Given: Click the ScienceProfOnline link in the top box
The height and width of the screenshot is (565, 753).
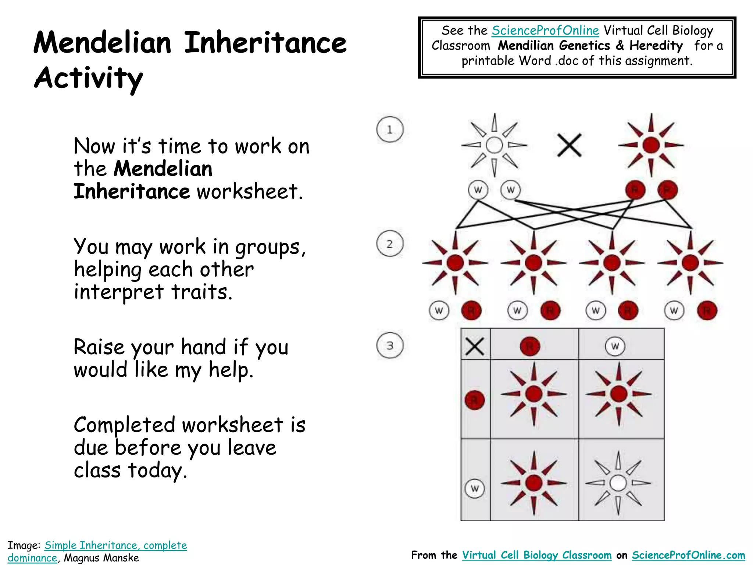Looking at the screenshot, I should (x=545, y=31).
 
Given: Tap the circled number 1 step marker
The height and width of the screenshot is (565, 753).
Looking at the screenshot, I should (x=390, y=129).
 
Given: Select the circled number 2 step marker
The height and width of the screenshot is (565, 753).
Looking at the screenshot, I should (x=390, y=244).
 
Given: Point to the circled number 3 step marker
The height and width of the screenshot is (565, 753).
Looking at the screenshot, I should (x=390, y=346).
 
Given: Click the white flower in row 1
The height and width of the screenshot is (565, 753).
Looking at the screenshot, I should (x=494, y=145).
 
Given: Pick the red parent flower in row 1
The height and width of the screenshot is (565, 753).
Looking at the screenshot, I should (x=651, y=145).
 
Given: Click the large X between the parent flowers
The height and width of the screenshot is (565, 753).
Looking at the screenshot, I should (x=569, y=145).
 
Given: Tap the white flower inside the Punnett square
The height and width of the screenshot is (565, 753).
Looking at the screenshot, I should (x=618, y=483).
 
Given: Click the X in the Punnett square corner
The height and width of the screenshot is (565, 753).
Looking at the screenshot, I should (x=475, y=346).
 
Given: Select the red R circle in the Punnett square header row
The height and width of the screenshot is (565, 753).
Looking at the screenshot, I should (x=530, y=346).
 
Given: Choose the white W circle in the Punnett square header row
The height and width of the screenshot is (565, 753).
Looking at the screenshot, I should (x=615, y=346).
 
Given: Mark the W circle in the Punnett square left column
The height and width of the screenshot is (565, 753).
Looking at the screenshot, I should (x=475, y=488).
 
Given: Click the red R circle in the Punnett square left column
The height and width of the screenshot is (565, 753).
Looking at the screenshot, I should (x=475, y=400).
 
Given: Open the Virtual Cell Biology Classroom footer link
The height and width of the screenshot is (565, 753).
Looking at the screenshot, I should (x=536, y=555).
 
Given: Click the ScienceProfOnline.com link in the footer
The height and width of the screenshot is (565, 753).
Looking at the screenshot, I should (x=688, y=555).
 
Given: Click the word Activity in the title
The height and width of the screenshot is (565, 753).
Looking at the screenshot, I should (x=88, y=78).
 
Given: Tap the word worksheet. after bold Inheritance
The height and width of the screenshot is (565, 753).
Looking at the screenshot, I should (x=250, y=191).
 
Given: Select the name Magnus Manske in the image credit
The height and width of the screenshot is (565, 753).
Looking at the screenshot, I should (x=101, y=558).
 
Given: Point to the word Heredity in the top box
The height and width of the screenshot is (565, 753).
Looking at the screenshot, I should (x=656, y=46).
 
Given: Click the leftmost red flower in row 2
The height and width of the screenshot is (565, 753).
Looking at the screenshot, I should (x=455, y=263).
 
